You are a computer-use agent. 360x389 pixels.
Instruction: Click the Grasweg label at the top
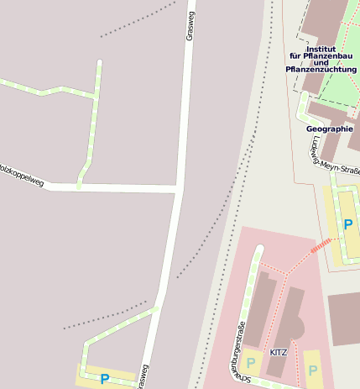[189, 26]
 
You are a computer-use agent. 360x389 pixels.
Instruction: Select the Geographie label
[330, 129]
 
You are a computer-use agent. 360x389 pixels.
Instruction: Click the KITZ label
[278, 352]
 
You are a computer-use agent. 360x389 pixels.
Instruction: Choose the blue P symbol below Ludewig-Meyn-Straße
[347, 224]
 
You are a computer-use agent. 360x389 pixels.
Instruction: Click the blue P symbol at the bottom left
[105, 379]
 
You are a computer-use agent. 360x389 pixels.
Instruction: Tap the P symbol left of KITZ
[250, 363]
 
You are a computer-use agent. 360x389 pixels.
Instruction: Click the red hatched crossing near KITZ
[321, 246]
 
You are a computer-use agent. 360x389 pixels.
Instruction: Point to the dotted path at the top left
[139, 20]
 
